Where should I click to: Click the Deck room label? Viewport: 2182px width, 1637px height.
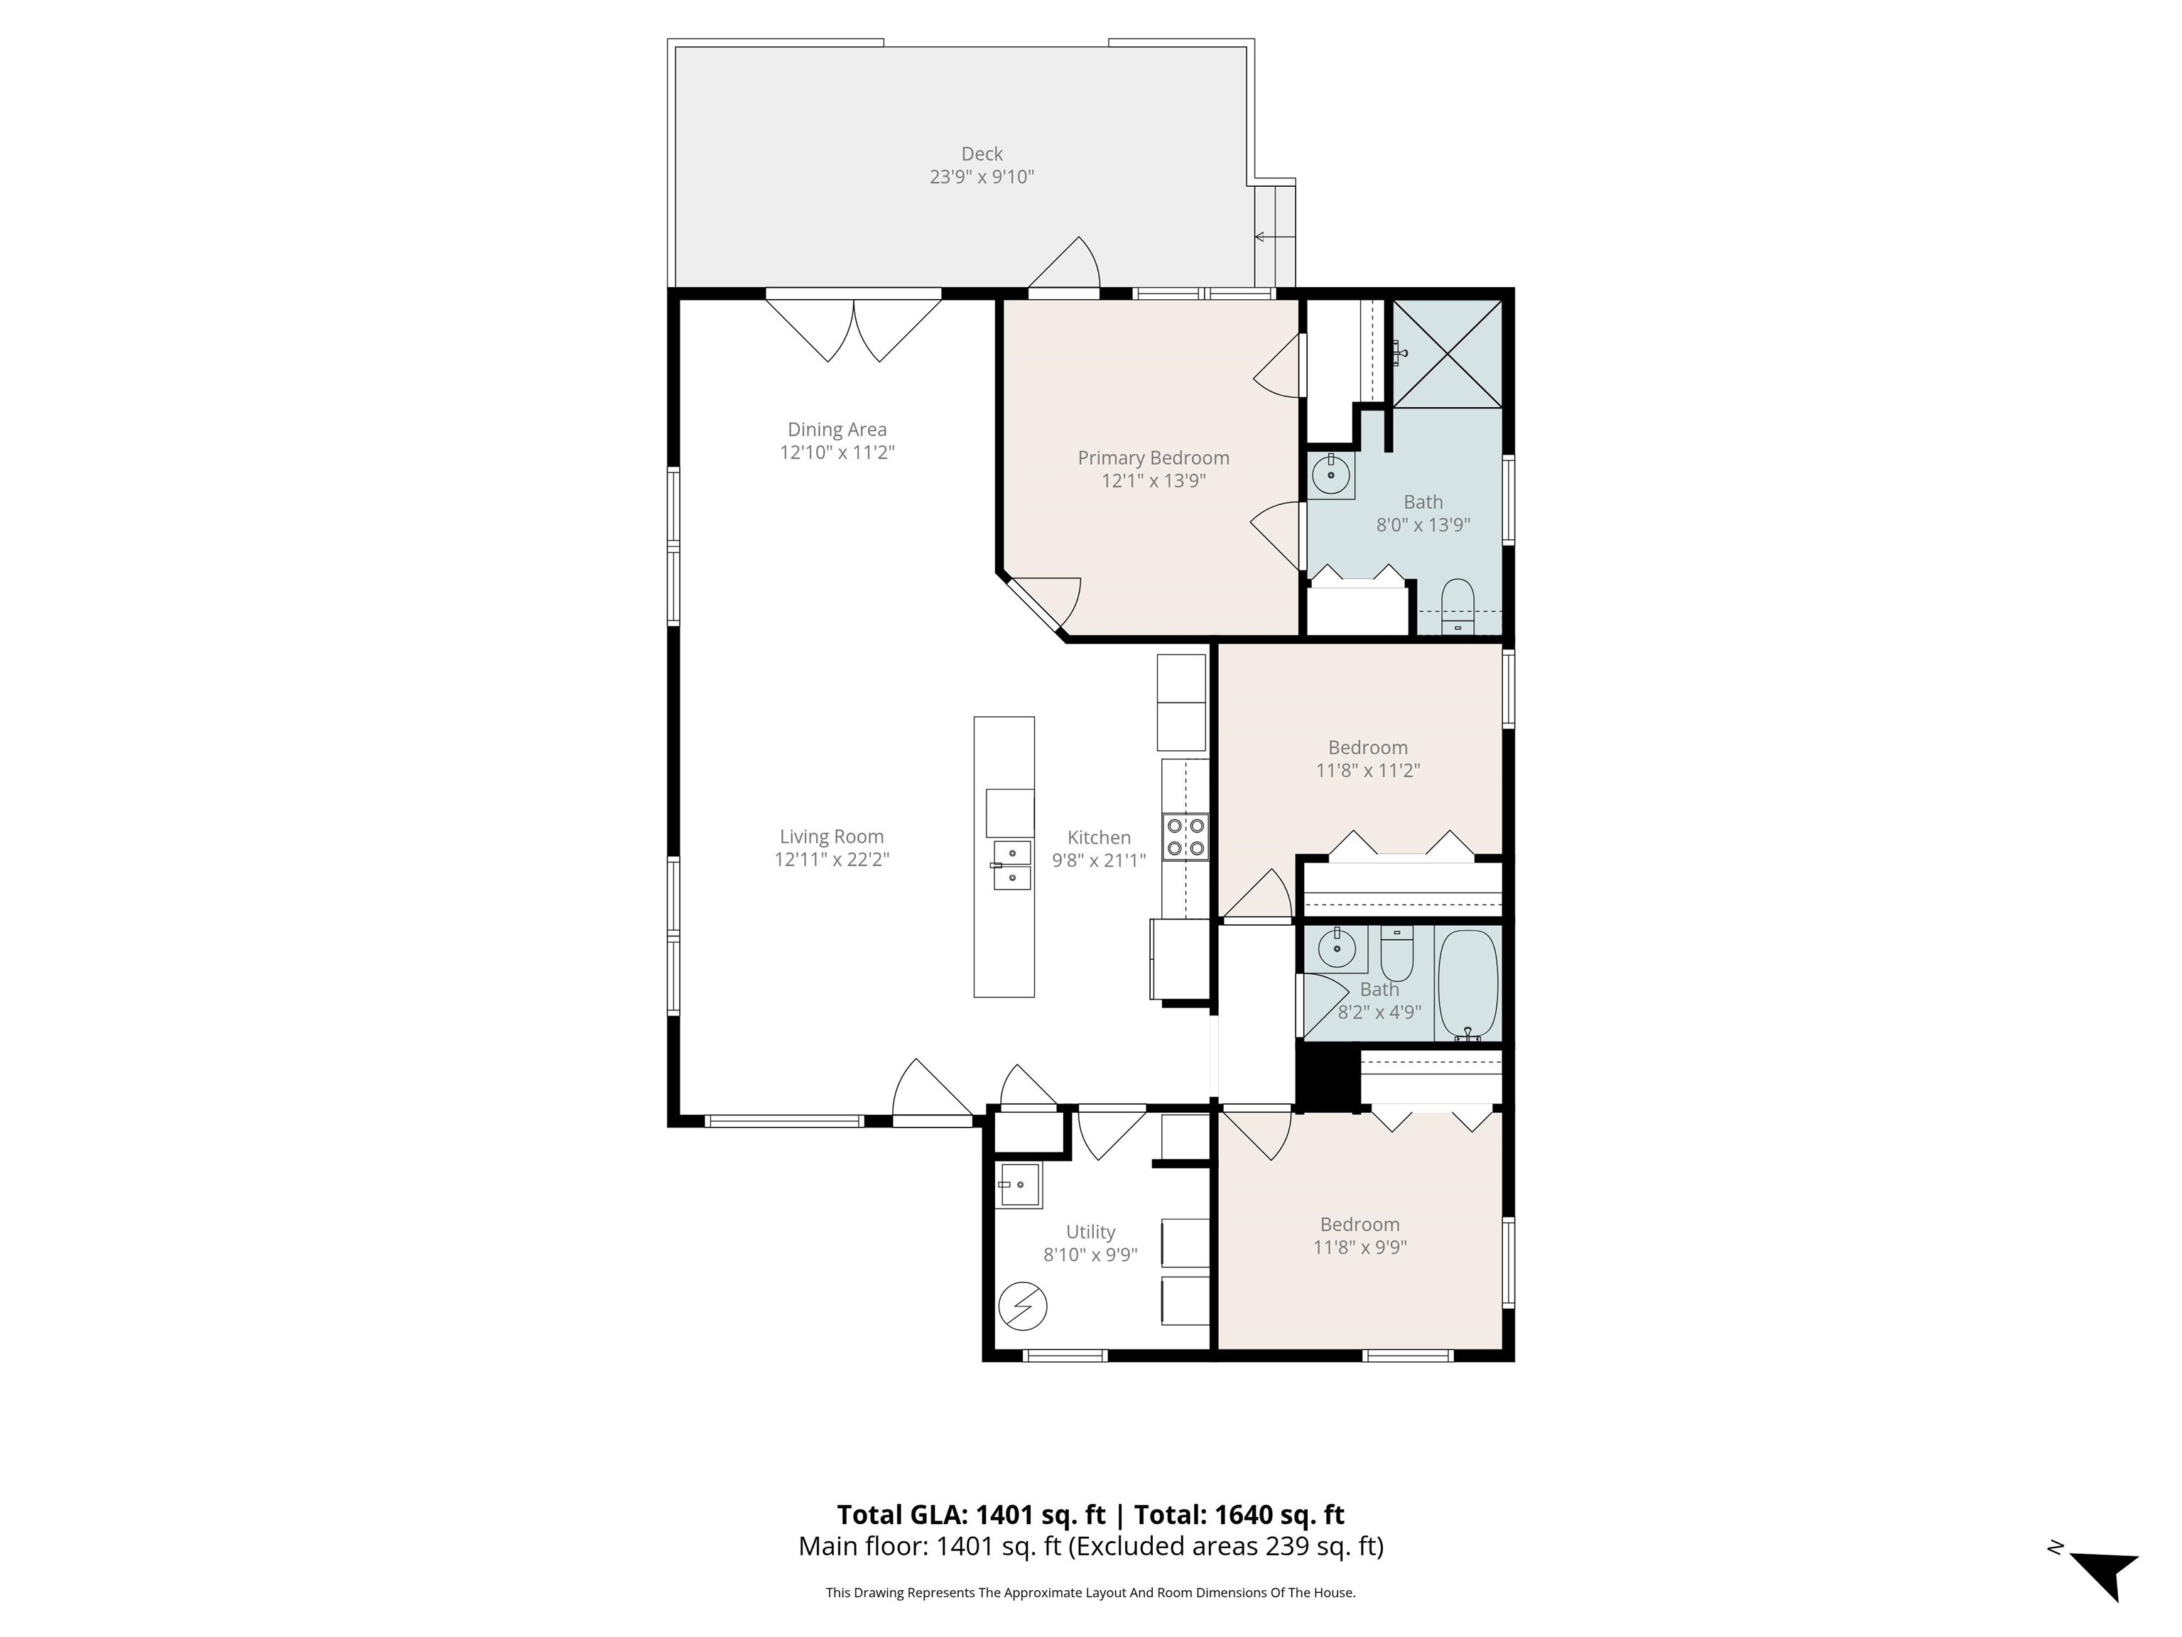982,154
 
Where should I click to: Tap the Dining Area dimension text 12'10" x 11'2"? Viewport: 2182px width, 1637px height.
837,453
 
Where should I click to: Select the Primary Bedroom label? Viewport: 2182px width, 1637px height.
1153,458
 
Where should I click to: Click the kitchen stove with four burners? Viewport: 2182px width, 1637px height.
1185,836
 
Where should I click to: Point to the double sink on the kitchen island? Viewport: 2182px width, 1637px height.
1012,865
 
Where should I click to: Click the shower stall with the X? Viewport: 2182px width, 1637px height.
1447,352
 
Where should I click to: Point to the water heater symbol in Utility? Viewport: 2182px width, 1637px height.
1023,1305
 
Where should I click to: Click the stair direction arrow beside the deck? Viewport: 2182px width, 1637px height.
1273,237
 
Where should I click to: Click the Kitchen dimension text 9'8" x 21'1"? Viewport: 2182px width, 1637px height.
1099,860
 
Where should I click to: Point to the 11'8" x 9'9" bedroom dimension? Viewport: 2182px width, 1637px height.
1360,1247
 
